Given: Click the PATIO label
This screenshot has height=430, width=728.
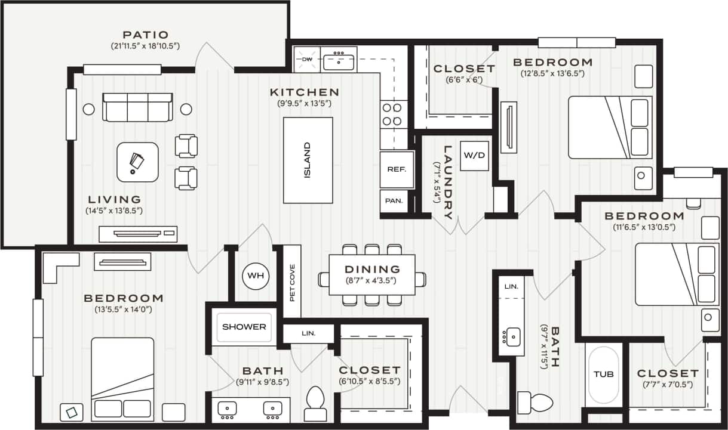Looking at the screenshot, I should [x=145, y=35].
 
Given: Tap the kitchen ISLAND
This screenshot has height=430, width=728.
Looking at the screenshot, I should [x=308, y=160].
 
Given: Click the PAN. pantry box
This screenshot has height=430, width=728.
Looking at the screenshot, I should [x=394, y=201].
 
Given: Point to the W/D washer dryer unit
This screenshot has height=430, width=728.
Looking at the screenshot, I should [x=475, y=156].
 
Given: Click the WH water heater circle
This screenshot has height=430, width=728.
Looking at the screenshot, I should [x=256, y=276].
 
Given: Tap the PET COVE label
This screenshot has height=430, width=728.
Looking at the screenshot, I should [x=292, y=282].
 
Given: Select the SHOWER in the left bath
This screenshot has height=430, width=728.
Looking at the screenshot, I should [x=244, y=327].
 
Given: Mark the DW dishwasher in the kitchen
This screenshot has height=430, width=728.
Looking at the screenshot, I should [x=307, y=60].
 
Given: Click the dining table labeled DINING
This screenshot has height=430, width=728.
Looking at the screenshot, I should [x=372, y=274].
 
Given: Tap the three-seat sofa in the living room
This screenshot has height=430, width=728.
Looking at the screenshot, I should [x=137, y=107].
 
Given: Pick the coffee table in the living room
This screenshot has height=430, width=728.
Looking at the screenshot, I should [x=137, y=162].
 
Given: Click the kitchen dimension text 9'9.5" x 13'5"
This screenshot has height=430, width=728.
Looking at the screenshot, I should [x=305, y=104].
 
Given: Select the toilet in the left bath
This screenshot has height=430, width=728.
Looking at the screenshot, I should [x=315, y=404].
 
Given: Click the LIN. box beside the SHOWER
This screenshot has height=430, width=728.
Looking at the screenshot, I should [x=308, y=333].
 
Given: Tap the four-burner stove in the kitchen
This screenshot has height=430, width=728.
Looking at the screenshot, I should [x=392, y=115].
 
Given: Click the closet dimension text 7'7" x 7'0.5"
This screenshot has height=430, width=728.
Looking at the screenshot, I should [x=667, y=385].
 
